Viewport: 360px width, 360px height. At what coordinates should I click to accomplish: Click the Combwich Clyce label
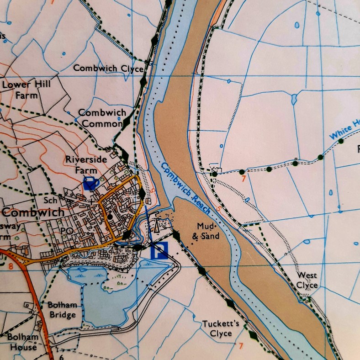tap(108, 68)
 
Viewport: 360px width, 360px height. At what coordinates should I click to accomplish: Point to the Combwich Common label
tap(101, 117)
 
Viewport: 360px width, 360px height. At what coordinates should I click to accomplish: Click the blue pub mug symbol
tap(91, 183)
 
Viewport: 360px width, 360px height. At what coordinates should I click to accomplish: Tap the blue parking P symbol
tap(159, 251)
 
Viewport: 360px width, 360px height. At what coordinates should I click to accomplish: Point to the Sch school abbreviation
tap(50, 201)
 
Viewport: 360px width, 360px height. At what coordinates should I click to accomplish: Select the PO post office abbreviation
tap(67, 231)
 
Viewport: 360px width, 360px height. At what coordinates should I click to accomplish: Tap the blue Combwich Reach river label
tap(185, 188)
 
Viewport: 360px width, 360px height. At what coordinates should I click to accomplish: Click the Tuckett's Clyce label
tap(221, 328)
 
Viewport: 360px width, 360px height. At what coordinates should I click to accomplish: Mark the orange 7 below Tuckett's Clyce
tap(241, 345)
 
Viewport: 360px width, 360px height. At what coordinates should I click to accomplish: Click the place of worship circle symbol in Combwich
tap(110, 217)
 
